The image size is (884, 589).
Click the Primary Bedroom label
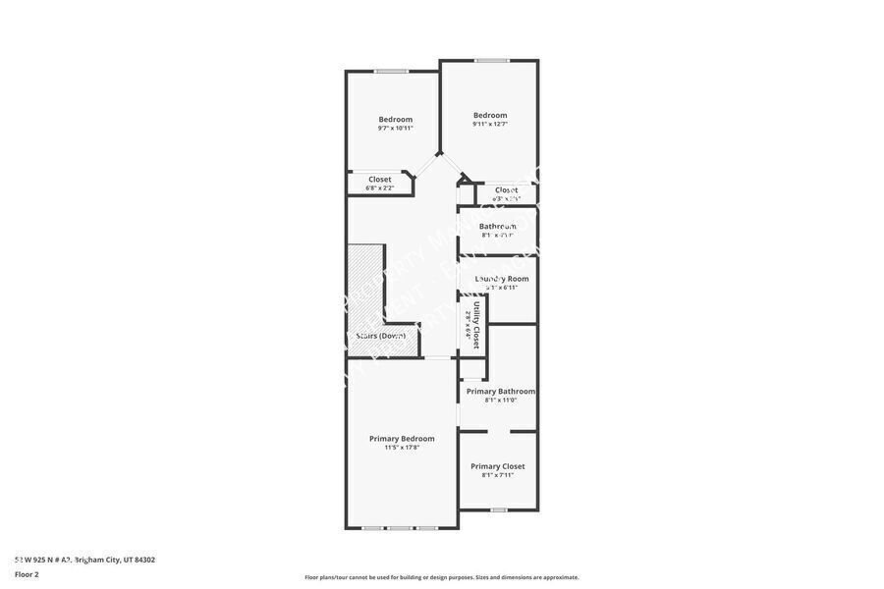point(402,439)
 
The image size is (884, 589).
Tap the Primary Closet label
point(497,466)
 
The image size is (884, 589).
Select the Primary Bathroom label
point(501,391)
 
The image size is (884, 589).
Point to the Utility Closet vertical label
point(476,325)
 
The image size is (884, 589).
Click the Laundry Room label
point(502,279)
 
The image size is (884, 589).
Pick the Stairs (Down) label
point(381,336)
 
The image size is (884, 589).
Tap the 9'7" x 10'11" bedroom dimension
point(395,129)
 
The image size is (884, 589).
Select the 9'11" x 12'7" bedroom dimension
point(490,124)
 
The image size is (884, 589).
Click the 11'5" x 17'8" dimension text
point(402,448)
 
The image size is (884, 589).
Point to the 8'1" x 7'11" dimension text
point(497,475)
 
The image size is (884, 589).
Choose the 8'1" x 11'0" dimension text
point(501,400)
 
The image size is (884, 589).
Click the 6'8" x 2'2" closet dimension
point(380,187)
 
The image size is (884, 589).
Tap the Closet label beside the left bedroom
point(380,180)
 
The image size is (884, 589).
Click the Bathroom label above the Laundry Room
point(498,227)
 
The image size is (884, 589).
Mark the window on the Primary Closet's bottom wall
point(499,509)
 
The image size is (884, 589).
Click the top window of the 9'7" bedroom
point(391,71)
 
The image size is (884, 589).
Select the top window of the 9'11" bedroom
point(492,61)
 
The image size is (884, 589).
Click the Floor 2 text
point(27,574)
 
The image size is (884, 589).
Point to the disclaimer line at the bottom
point(442,577)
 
